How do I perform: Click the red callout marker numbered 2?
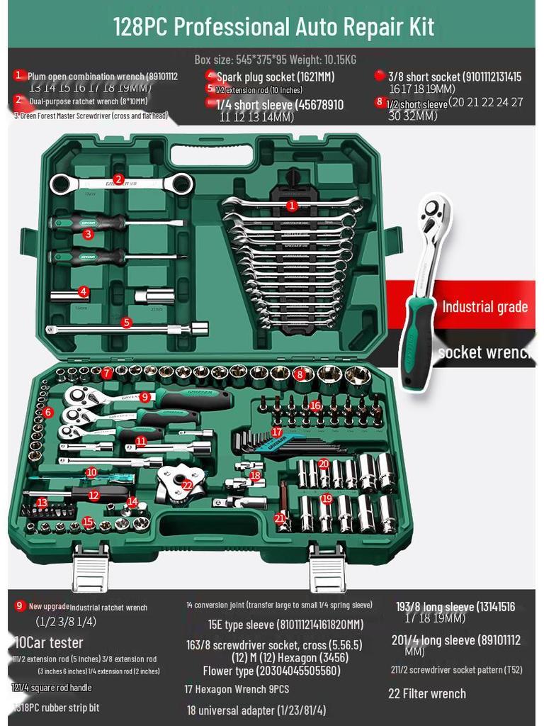click(118, 179)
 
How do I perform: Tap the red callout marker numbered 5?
click(126, 323)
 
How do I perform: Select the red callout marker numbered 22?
click(187, 485)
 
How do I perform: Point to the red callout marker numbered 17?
click(277, 432)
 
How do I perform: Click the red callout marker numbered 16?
click(315, 405)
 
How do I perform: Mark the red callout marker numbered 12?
click(94, 496)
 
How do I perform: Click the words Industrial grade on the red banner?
click(484, 307)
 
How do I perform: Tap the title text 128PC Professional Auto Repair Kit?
click(273, 27)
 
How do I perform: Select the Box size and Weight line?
click(275, 60)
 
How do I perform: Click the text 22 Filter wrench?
click(426, 693)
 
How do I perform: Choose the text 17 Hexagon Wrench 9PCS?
click(237, 689)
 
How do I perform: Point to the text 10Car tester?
click(48, 643)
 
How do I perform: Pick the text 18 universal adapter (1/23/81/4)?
click(256, 710)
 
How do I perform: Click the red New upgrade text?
click(49, 606)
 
